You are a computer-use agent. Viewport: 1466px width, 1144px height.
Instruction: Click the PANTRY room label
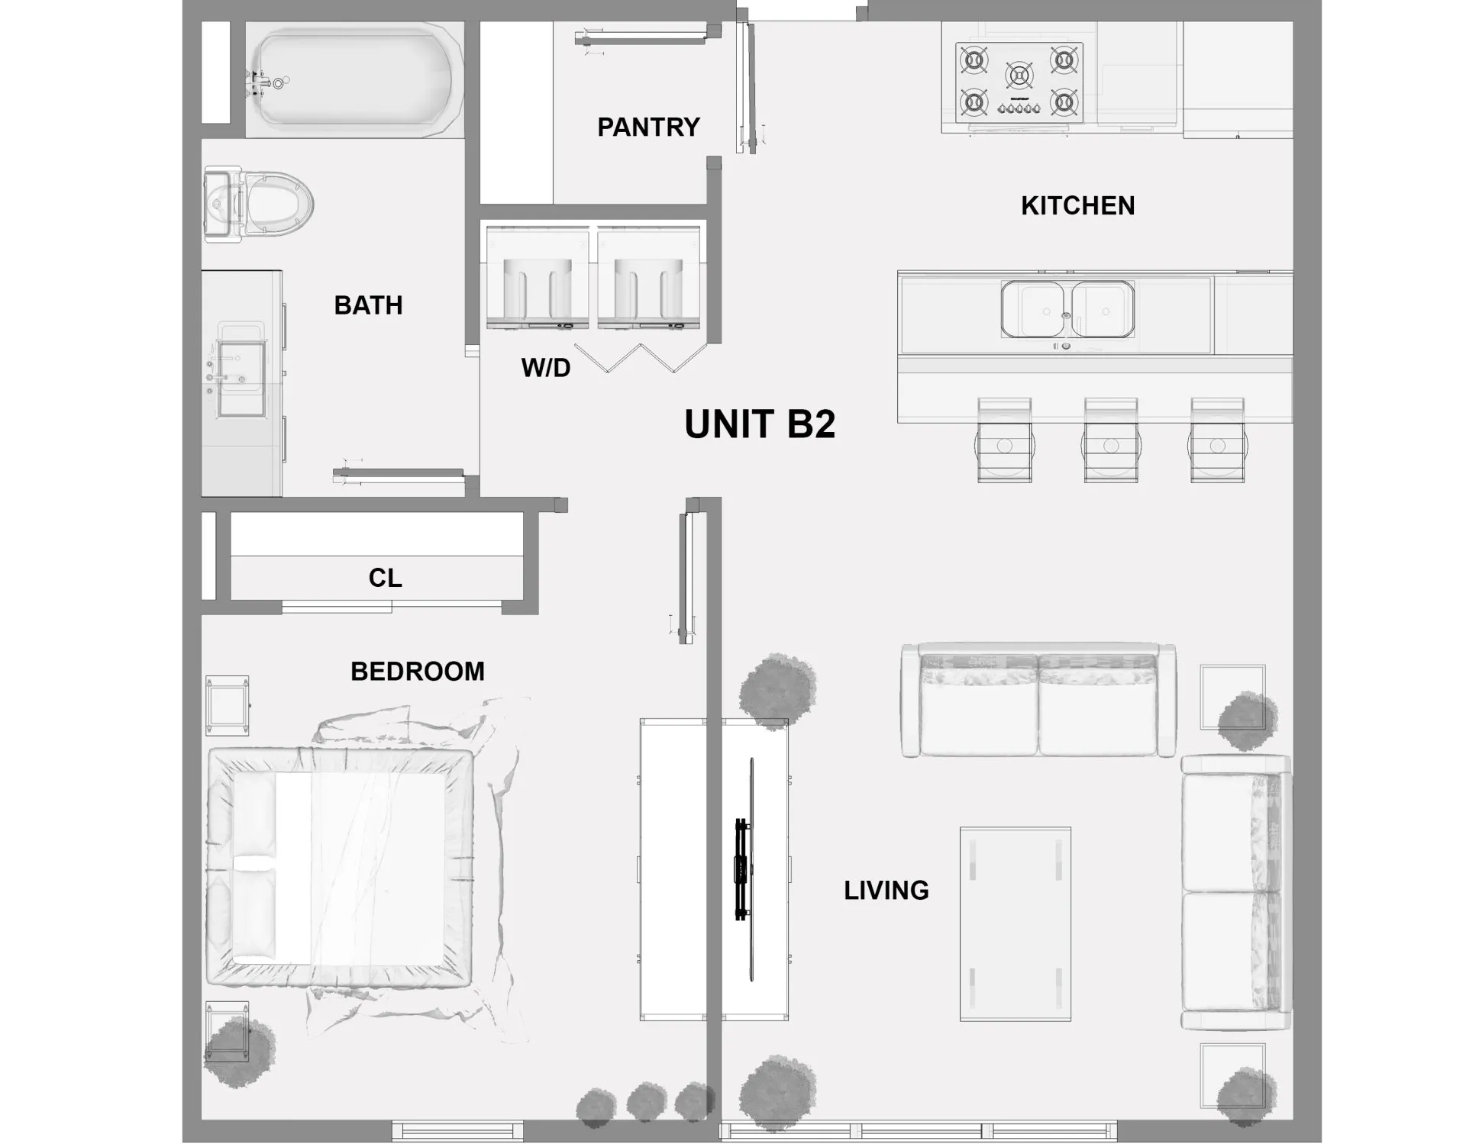click(648, 127)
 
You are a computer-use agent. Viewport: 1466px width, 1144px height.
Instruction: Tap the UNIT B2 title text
click(760, 424)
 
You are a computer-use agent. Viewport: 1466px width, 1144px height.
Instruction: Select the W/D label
click(546, 368)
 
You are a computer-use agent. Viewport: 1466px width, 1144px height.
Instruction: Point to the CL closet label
click(385, 578)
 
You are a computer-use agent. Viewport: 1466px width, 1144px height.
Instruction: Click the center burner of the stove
click(1019, 75)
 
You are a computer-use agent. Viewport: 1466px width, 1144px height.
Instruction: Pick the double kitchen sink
click(1067, 309)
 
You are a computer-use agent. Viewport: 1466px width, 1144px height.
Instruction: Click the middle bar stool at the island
click(1111, 441)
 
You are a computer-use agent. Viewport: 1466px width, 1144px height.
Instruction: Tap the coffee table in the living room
click(1016, 923)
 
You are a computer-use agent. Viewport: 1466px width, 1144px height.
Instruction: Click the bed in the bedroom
click(340, 868)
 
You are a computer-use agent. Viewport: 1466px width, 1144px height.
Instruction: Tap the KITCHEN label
click(1077, 206)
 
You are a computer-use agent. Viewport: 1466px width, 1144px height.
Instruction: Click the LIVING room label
click(886, 891)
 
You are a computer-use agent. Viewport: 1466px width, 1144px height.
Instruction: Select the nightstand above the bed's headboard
click(227, 705)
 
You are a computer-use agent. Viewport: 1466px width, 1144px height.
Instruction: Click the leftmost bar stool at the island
click(1004, 441)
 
